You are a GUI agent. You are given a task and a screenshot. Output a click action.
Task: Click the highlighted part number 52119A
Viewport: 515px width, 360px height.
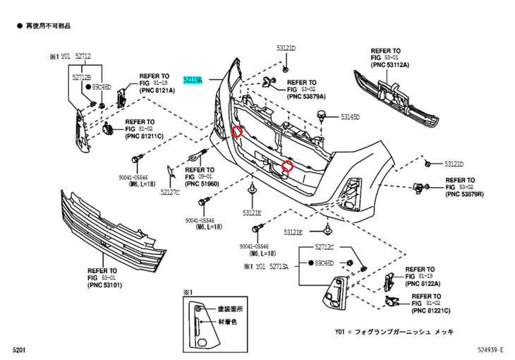pos(193,80)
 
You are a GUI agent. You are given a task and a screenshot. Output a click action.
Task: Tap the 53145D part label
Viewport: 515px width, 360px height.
pos(351,116)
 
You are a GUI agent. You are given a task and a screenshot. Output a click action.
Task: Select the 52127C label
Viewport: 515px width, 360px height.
pos(170,191)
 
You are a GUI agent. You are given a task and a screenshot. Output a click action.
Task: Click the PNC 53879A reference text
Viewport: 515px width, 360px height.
pos(307,97)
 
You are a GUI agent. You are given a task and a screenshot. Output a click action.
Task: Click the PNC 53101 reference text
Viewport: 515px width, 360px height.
pos(105,285)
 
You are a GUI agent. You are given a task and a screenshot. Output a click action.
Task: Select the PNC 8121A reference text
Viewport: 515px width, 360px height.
pos(157,90)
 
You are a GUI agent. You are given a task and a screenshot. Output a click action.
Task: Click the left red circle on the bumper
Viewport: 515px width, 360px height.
pos(238,131)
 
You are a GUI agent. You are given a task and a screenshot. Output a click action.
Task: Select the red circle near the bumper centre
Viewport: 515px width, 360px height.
pos(287,167)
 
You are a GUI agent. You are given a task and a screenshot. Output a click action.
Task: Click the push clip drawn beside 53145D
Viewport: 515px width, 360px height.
pos(324,115)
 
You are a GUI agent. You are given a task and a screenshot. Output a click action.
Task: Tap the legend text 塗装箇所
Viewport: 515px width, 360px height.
pos(230,308)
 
